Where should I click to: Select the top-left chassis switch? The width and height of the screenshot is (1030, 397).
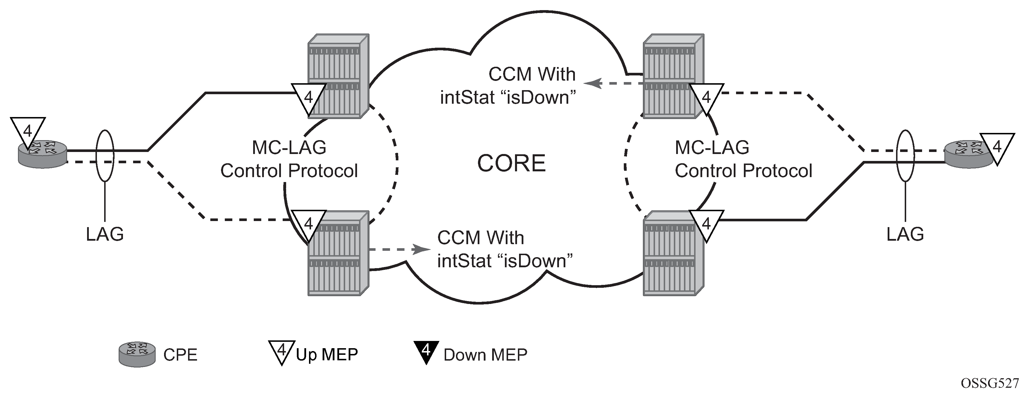pos(338,76)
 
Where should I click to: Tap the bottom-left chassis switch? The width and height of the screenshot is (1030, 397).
pos(338,254)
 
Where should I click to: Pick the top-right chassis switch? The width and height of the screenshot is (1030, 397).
pos(673,76)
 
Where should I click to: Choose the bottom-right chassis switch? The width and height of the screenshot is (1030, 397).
pos(673,254)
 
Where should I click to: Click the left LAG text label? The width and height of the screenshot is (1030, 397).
pos(105,234)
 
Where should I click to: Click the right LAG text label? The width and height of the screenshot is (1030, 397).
pos(905,234)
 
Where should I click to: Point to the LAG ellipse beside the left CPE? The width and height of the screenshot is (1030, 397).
pos(105,156)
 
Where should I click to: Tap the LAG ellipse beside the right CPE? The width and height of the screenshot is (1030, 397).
pos(905,156)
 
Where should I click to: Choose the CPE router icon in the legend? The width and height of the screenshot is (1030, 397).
pos(137,354)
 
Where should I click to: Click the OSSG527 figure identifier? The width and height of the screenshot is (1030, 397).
pos(989,383)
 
